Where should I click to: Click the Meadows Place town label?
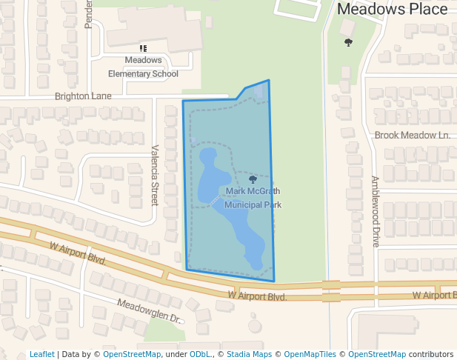click(x=392, y=9)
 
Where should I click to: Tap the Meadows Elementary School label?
click(x=143, y=67)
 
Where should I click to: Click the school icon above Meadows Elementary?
click(x=143, y=48)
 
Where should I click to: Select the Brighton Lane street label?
click(x=83, y=96)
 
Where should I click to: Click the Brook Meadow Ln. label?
click(x=413, y=135)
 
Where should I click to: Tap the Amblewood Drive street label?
click(x=376, y=211)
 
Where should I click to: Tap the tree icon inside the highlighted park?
click(x=253, y=179)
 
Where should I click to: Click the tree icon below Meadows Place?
click(x=348, y=42)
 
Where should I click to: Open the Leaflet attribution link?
click(x=41, y=354)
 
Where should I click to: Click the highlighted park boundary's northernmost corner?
click(x=269, y=80)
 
